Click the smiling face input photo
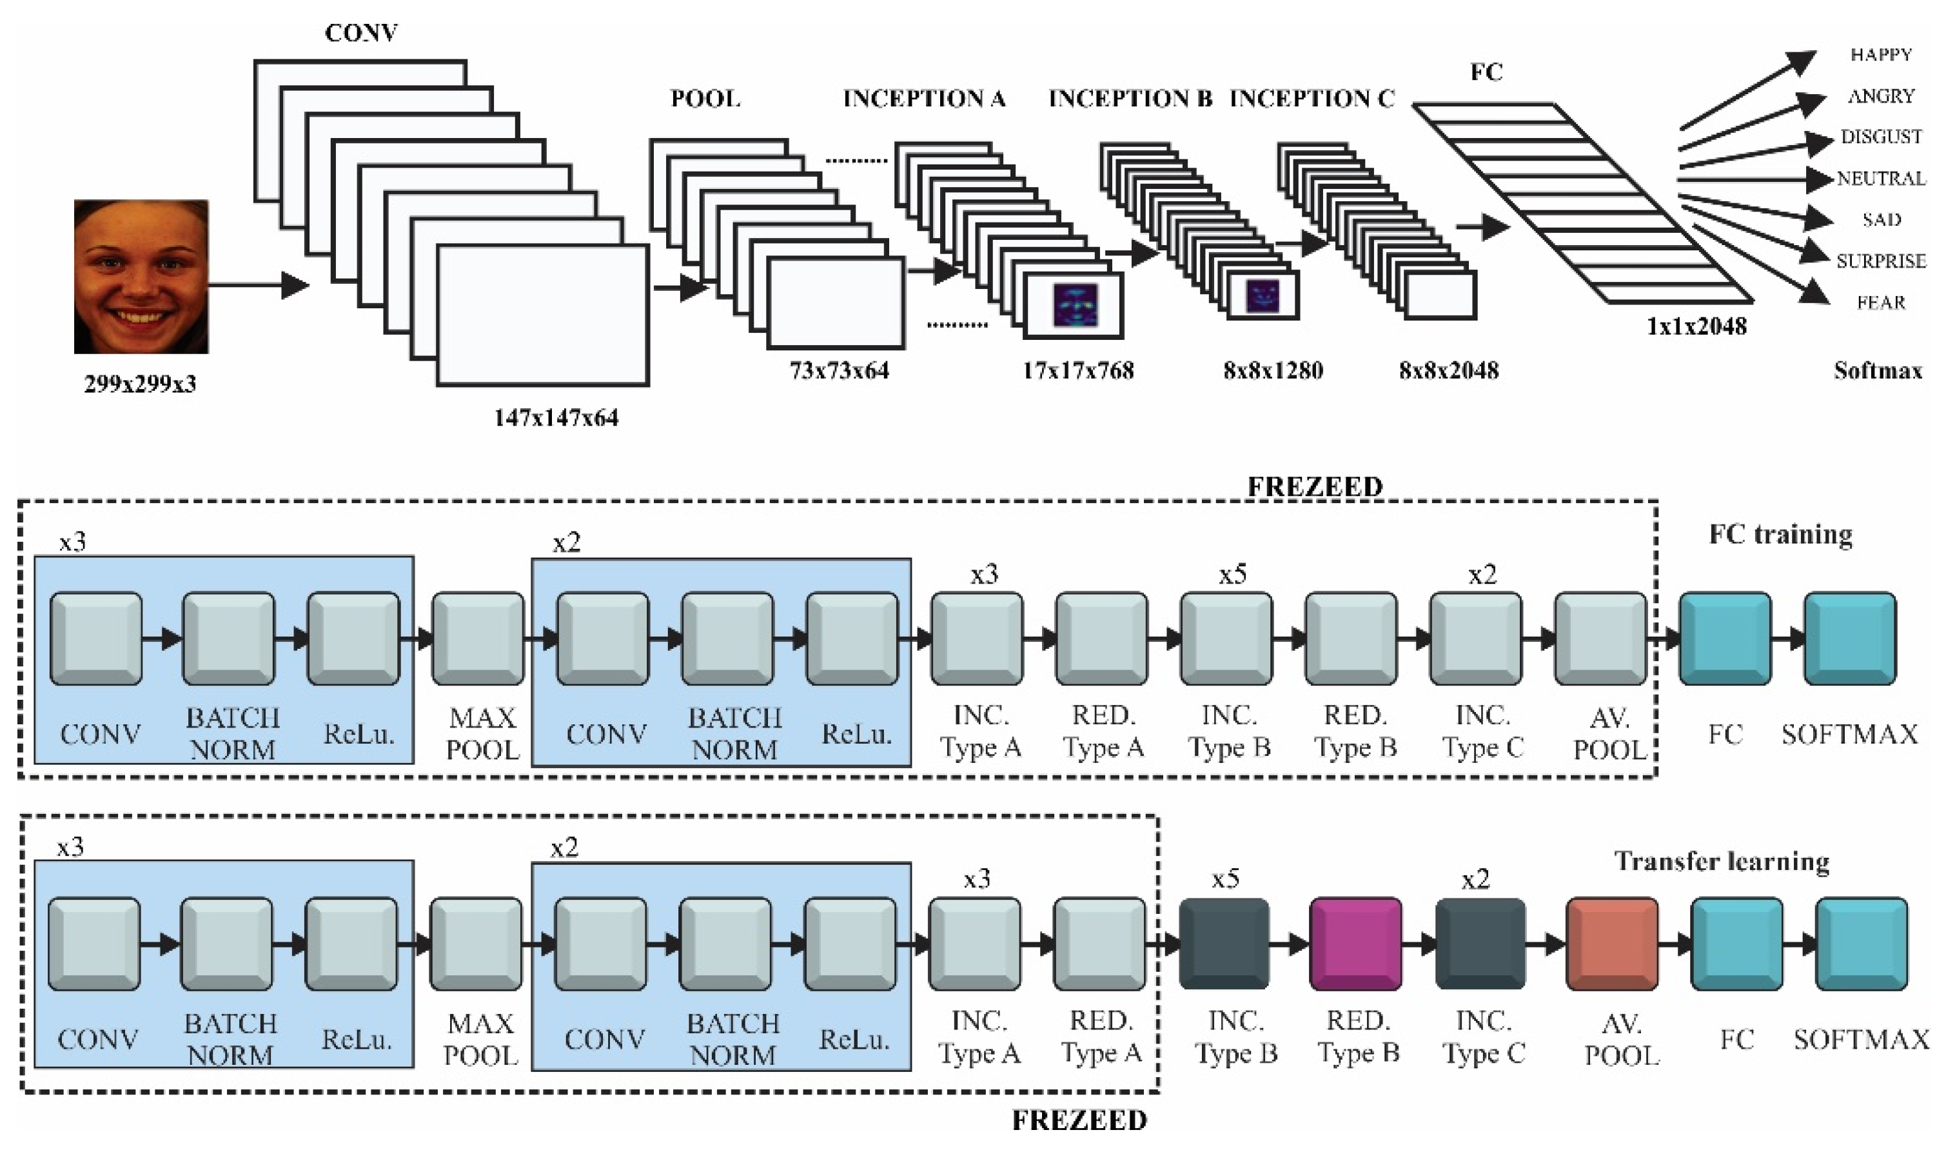coord(141,276)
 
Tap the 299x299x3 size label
coord(140,384)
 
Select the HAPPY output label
coord(1881,55)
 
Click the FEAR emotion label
coord(1881,303)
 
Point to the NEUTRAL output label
coord(1881,179)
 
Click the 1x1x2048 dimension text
coord(1696,327)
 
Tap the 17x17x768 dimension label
coord(1077,372)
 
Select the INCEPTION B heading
coord(1130,99)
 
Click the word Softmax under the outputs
coord(1878,372)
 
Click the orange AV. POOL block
coord(1612,944)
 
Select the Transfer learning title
coord(1722,862)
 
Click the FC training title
coord(1780,535)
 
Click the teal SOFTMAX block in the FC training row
coord(1850,639)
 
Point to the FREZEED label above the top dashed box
coord(1315,487)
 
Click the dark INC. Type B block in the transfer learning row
coord(1224,944)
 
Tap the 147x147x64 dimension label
coord(556,419)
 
